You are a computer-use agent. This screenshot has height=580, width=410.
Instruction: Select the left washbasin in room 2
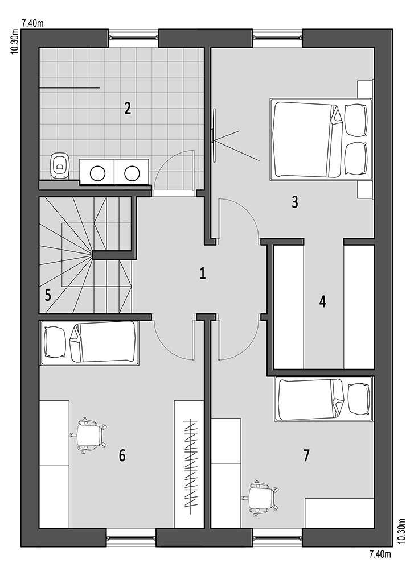click(x=98, y=172)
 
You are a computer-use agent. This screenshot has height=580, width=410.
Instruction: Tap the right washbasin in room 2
click(x=132, y=172)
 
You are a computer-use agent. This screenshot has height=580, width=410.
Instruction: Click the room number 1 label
click(x=202, y=274)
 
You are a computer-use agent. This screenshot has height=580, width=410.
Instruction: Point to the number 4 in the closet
click(x=323, y=302)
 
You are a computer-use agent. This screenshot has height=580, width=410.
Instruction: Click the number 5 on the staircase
click(x=48, y=295)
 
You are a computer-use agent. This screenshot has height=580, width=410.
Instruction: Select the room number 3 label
click(x=295, y=202)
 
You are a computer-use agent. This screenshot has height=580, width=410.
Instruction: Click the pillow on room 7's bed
click(x=359, y=399)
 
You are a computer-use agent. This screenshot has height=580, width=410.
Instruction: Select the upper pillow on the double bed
click(x=355, y=120)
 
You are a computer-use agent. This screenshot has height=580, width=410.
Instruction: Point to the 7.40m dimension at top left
click(x=33, y=23)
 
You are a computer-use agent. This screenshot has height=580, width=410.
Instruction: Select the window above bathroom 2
click(x=134, y=37)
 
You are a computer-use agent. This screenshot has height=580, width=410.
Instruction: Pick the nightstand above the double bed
click(x=365, y=89)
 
